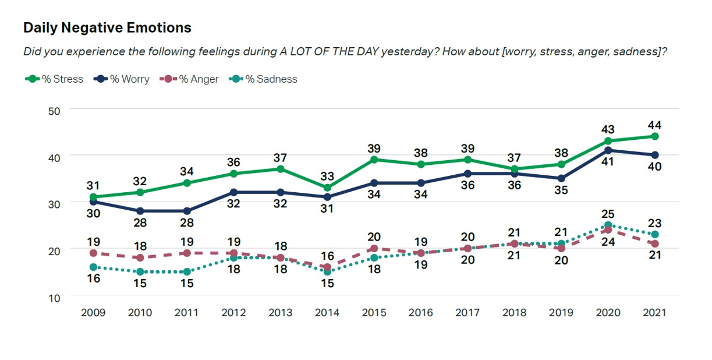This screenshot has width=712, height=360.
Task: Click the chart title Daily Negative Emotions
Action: pos(107,27)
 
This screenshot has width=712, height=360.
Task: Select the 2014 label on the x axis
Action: pos(327,312)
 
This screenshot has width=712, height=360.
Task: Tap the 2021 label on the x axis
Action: pos(654,312)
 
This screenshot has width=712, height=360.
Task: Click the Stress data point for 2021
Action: pos(654,136)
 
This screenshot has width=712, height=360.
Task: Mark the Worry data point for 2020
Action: pos(607,150)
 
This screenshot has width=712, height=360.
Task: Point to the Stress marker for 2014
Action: pos(327,188)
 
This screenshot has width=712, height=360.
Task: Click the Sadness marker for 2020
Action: pos(607,225)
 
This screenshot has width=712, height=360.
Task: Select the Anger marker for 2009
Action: pos(93,253)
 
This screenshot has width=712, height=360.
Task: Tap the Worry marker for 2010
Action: pos(140,211)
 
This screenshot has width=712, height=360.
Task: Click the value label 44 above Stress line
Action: pos(654,125)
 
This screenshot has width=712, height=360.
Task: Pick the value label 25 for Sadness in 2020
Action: pos(607,214)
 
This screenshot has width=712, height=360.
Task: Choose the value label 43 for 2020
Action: pos(607,129)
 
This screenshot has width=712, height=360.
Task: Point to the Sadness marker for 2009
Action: pos(93,267)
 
